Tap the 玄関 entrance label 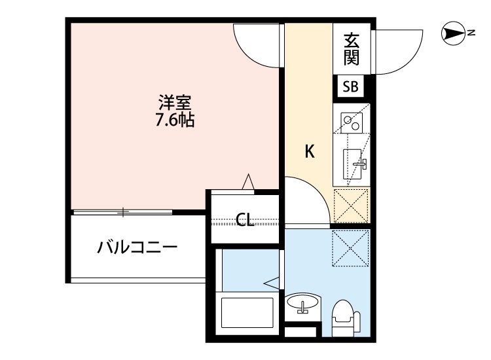point(352,49)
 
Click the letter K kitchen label point(310,151)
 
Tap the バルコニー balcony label point(137,247)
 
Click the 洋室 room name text point(175,104)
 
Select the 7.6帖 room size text point(175,120)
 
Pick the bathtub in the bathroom point(247,314)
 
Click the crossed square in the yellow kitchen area point(352,205)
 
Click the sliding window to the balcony point(122,211)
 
